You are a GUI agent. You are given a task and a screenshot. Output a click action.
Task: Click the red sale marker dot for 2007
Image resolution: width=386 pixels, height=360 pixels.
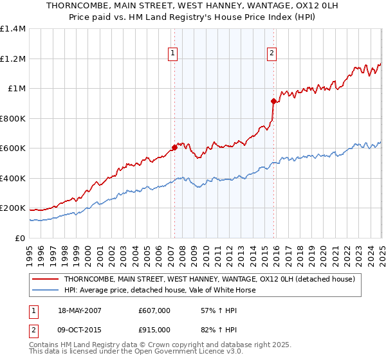[174, 148]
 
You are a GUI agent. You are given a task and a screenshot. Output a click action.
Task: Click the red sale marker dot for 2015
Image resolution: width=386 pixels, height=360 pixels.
[273, 101]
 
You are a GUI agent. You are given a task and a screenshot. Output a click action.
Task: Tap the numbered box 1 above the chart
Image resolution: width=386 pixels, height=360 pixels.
[174, 53]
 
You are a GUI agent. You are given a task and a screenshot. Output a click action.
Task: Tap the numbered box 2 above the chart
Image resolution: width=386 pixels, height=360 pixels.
[272, 53]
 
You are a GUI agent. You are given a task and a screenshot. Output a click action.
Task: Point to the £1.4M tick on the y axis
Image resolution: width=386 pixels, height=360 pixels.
[13, 30]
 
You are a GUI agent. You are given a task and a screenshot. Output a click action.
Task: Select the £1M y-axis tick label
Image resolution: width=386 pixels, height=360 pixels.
[17, 89]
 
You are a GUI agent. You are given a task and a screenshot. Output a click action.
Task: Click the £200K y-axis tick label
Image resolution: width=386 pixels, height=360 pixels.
[13, 208]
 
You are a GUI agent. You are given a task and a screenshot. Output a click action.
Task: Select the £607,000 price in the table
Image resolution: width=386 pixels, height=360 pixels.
[154, 310]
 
